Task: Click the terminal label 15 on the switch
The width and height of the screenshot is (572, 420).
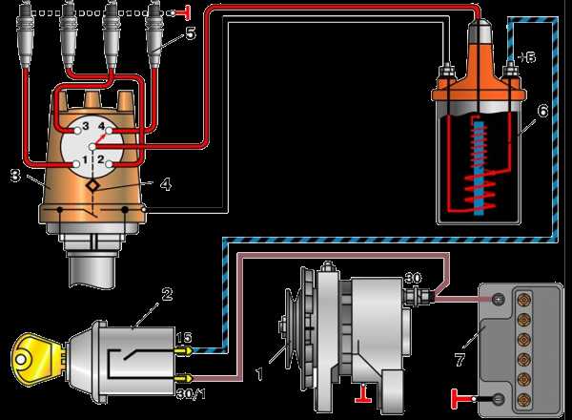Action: (x=184, y=337)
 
